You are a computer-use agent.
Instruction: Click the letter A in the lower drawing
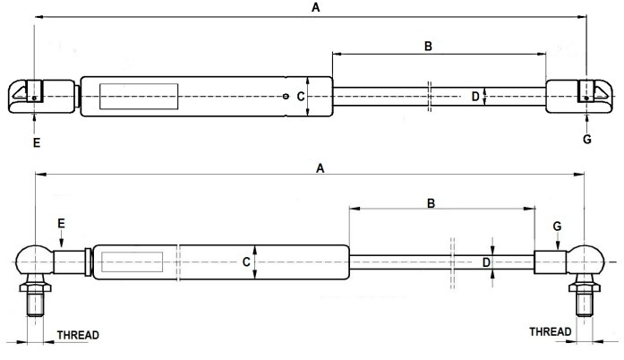pos(319,167)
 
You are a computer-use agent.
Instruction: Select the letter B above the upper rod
pos(428,45)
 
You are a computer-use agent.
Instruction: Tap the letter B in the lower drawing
pos(431,203)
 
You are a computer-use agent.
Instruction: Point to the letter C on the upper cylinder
pos(301,96)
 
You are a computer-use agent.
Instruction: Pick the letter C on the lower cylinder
pos(245,262)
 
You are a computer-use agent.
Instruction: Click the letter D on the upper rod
pos(475,96)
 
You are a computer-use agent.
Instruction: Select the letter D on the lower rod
pos(487,262)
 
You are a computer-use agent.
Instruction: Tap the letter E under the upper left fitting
pos(35,141)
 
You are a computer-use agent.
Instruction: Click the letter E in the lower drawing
pos(61,221)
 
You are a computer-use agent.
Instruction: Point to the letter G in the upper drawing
pos(587,140)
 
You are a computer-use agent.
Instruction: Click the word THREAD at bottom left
pos(78,335)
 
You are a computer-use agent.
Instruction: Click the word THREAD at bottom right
pos(550,331)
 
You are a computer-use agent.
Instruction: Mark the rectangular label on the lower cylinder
pos(132,262)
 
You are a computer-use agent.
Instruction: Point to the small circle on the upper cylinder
pos(285,97)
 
